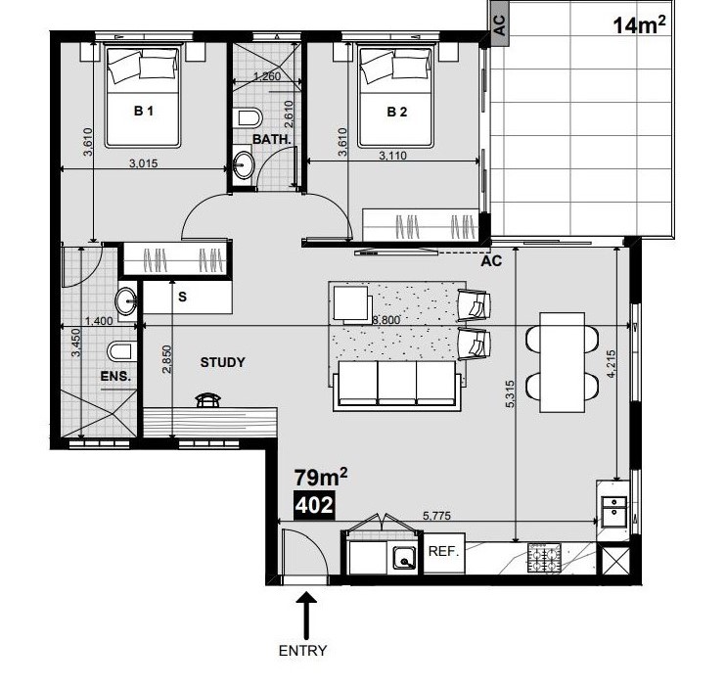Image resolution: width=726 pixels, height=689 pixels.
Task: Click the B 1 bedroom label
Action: tap(143, 112)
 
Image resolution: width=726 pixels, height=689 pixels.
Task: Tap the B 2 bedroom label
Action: tap(397, 112)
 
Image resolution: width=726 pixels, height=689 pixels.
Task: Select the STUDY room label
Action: tap(222, 362)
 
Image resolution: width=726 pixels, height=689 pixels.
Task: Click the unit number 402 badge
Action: tap(314, 505)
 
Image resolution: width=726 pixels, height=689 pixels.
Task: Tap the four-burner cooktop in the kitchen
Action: tap(544, 558)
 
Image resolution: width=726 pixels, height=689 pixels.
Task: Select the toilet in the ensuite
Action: tap(121, 352)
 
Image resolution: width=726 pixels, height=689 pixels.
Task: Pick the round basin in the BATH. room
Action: tap(243, 163)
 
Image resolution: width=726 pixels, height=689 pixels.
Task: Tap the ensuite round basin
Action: tap(126, 301)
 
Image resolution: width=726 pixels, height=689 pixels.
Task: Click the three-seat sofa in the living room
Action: tap(397, 385)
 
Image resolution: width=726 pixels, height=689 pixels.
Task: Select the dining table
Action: tap(562, 362)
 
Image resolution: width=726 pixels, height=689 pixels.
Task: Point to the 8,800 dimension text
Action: tap(386, 320)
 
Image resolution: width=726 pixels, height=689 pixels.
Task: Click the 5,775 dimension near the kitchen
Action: tap(436, 516)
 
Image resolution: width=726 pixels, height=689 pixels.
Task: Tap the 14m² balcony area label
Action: tap(640, 24)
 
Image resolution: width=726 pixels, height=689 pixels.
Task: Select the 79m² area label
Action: tap(321, 478)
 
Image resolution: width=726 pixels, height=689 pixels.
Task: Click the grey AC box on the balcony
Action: tap(500, 24)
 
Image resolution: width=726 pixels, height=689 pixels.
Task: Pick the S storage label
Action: tap(182, 297)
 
